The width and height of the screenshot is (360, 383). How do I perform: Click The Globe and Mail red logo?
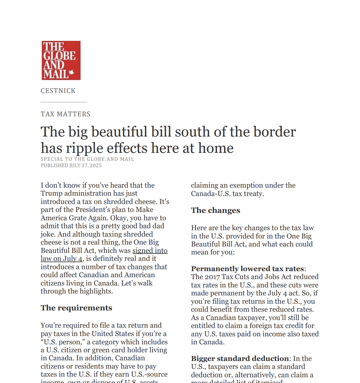pos(61,60)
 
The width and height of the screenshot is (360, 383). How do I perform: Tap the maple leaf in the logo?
pos(72,73)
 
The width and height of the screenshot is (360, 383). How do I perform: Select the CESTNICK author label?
pos(58,91)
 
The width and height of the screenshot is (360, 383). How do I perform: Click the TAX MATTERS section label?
pos(65,114)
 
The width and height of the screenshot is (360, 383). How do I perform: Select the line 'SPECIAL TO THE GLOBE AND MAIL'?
pos(87,159)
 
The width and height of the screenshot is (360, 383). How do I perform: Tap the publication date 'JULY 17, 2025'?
pos(85,166)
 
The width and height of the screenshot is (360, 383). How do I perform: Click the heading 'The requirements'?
pos(76,308)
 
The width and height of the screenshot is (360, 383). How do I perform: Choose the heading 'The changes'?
pos(215,210)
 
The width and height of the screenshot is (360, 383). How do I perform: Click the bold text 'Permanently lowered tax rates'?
pos(247,269)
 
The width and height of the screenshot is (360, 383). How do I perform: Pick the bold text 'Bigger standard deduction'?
pos(240,358)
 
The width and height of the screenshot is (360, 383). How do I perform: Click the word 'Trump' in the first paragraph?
pos(51,193)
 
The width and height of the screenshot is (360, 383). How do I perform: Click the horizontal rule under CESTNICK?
pos(64,102)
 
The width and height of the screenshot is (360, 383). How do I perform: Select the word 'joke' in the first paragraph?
pos(47,234)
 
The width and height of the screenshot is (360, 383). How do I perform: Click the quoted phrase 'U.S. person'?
pos(63,342)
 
